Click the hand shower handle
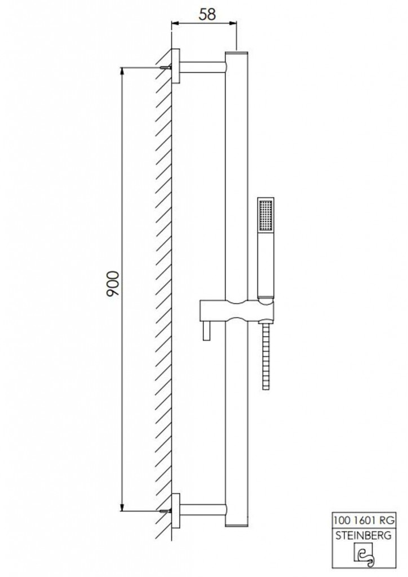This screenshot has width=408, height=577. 265,265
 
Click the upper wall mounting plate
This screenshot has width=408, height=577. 176,67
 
